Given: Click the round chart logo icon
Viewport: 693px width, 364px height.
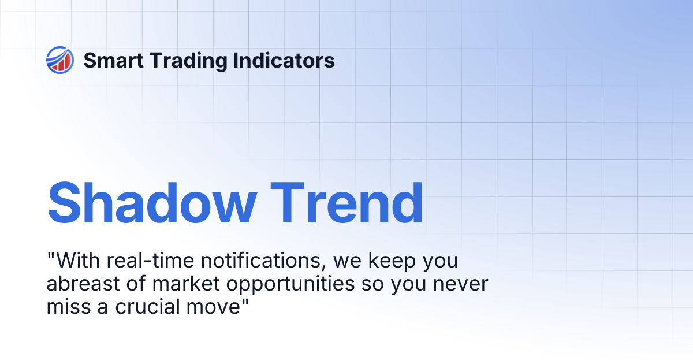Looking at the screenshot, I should pos(60,60).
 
